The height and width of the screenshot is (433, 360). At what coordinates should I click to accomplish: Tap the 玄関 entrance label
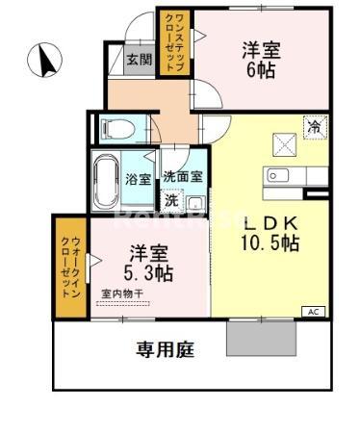pyautogui.click(x=140, y=59)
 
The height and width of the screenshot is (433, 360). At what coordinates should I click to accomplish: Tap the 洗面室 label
pyautogui.click(x=183, y=176)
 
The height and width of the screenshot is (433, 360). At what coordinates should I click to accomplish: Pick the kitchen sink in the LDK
pyautogui.click(x=279, y=175)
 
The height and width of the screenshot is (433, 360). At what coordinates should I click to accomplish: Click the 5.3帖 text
pyautogui.click(x=150, y=272)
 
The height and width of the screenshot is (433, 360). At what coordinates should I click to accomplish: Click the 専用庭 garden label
pyautogui.click(x=165, y=349)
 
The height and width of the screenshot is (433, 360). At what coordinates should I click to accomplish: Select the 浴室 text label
pyautogui.click(x=138, y=179)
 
